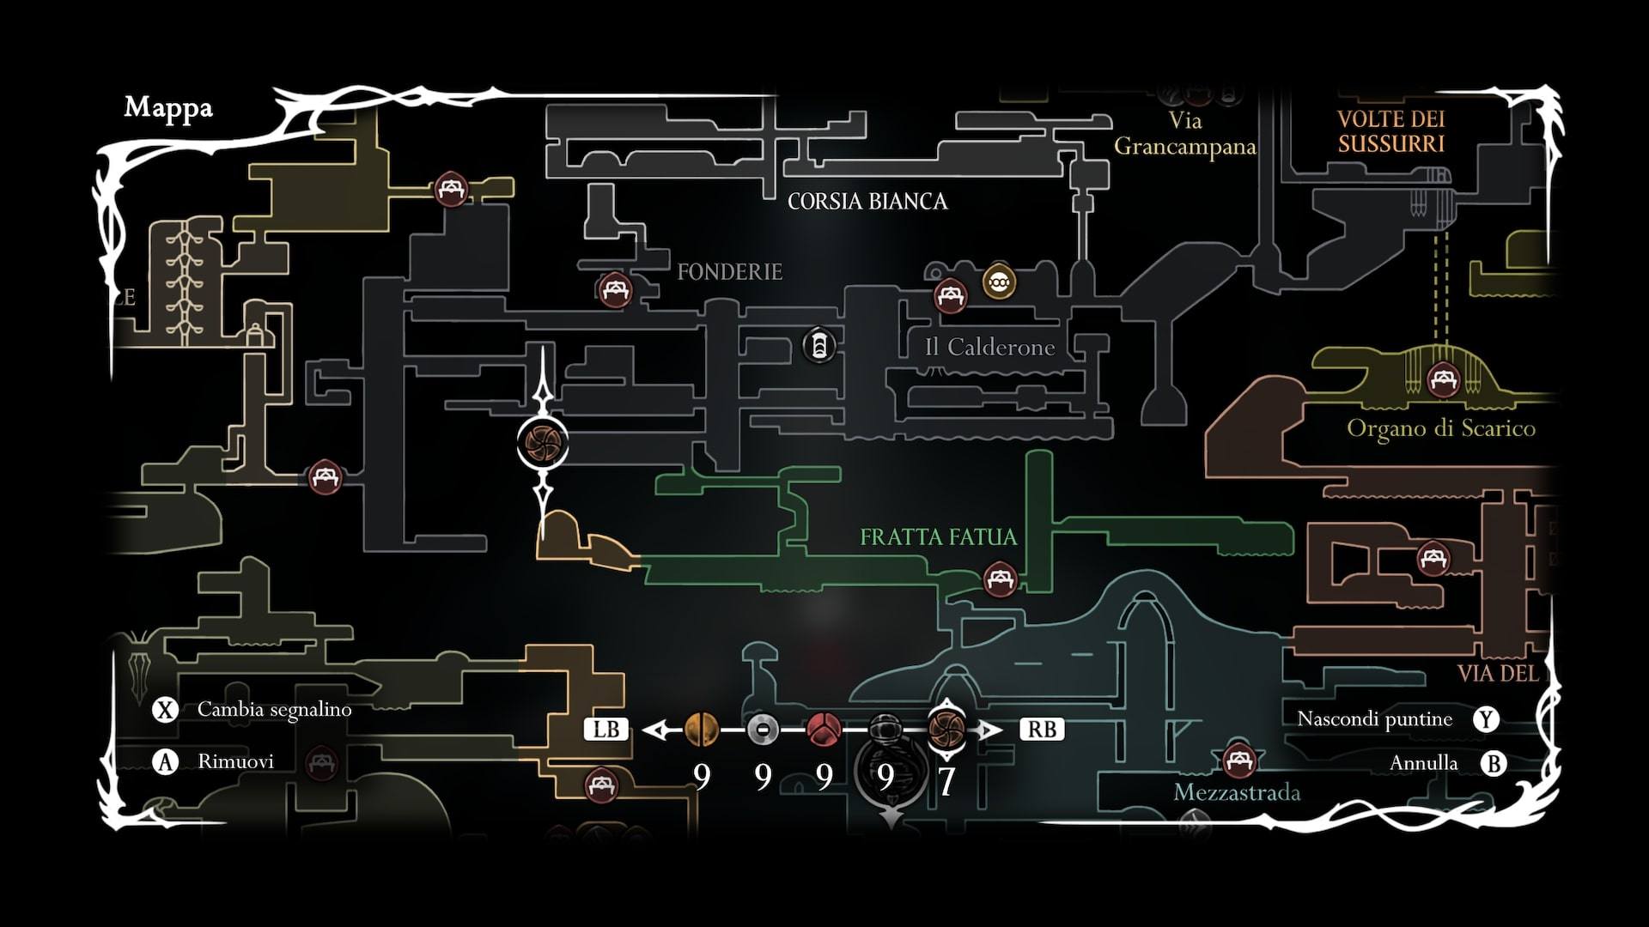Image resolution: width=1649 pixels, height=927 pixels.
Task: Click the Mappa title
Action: pos(168,108)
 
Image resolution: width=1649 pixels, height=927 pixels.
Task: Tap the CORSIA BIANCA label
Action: pos(867,202)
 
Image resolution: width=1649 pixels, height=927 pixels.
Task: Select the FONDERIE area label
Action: pos(729,272)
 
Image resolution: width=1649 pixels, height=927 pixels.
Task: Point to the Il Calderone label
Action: pos(989,348)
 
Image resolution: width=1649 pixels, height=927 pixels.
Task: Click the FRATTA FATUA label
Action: pos(938,537)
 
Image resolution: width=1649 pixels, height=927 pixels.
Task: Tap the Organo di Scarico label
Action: pos(1440,428)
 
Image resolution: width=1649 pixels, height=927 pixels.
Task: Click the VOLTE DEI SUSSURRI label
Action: pos(1390,131)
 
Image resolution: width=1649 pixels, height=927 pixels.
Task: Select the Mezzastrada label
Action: pos(1237,792)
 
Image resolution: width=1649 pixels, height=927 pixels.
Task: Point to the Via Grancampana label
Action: pos(1184,134)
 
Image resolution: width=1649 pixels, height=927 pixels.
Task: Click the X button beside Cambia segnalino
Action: pos(165,710)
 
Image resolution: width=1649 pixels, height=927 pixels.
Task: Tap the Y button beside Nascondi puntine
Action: pos(1486,719)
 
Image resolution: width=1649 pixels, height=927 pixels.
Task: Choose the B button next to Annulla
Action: pos(1494,763)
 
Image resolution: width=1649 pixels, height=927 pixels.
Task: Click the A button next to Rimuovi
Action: pos(165,761)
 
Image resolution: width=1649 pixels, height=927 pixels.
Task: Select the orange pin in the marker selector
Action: pos(702,730)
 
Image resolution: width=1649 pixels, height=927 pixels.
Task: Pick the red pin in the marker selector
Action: pos(824,730)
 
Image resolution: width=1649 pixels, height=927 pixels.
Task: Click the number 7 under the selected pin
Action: pos(946,780)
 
